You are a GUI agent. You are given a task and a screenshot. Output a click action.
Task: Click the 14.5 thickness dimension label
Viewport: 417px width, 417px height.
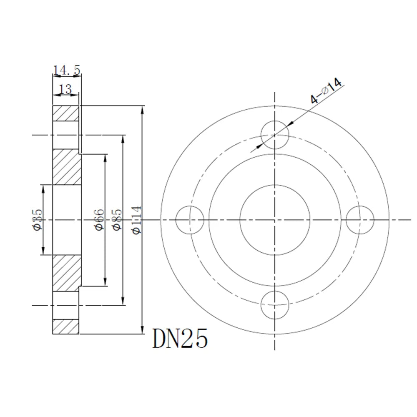point(67,70)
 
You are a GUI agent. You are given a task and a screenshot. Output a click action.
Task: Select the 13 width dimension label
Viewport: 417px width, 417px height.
point(65,89)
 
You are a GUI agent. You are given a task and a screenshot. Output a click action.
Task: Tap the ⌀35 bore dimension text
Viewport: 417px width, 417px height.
point(38,220)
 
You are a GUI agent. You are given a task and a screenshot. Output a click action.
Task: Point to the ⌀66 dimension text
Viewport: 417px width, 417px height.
point(100,220)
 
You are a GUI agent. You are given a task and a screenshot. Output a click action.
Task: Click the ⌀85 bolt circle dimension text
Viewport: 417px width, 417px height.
point(117,220)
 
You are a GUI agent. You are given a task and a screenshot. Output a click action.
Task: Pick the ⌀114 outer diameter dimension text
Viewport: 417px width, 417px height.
point(137,220)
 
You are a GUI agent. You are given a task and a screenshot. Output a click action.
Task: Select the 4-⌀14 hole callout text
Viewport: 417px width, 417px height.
point(326,91)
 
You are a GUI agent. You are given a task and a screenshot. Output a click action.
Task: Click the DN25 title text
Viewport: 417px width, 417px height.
point(180,339)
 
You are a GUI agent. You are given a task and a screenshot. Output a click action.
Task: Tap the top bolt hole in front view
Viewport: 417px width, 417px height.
point(275,135)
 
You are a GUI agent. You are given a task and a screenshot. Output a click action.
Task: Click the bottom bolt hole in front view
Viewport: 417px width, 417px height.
point(275,305)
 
